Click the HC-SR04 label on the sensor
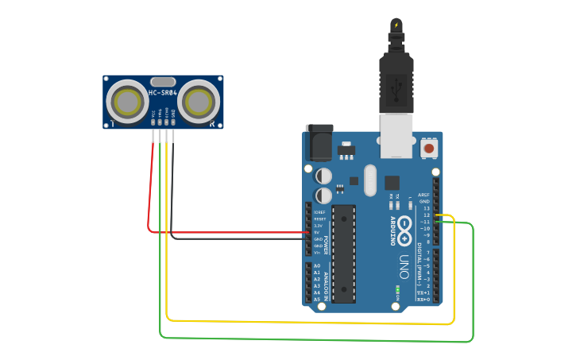click(x=162, y=94)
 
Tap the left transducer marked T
click(x=127, y=101)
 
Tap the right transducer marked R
click(x=198, y=101)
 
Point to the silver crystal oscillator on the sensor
click(x=162, y=81)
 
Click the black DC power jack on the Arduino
click(x=319, y=143)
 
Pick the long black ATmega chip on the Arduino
click(x=343, y=253)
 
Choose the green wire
click(x=318, y=340)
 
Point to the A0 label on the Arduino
click(x=317, y=265)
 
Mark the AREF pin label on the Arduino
click(x=423, y=195)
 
